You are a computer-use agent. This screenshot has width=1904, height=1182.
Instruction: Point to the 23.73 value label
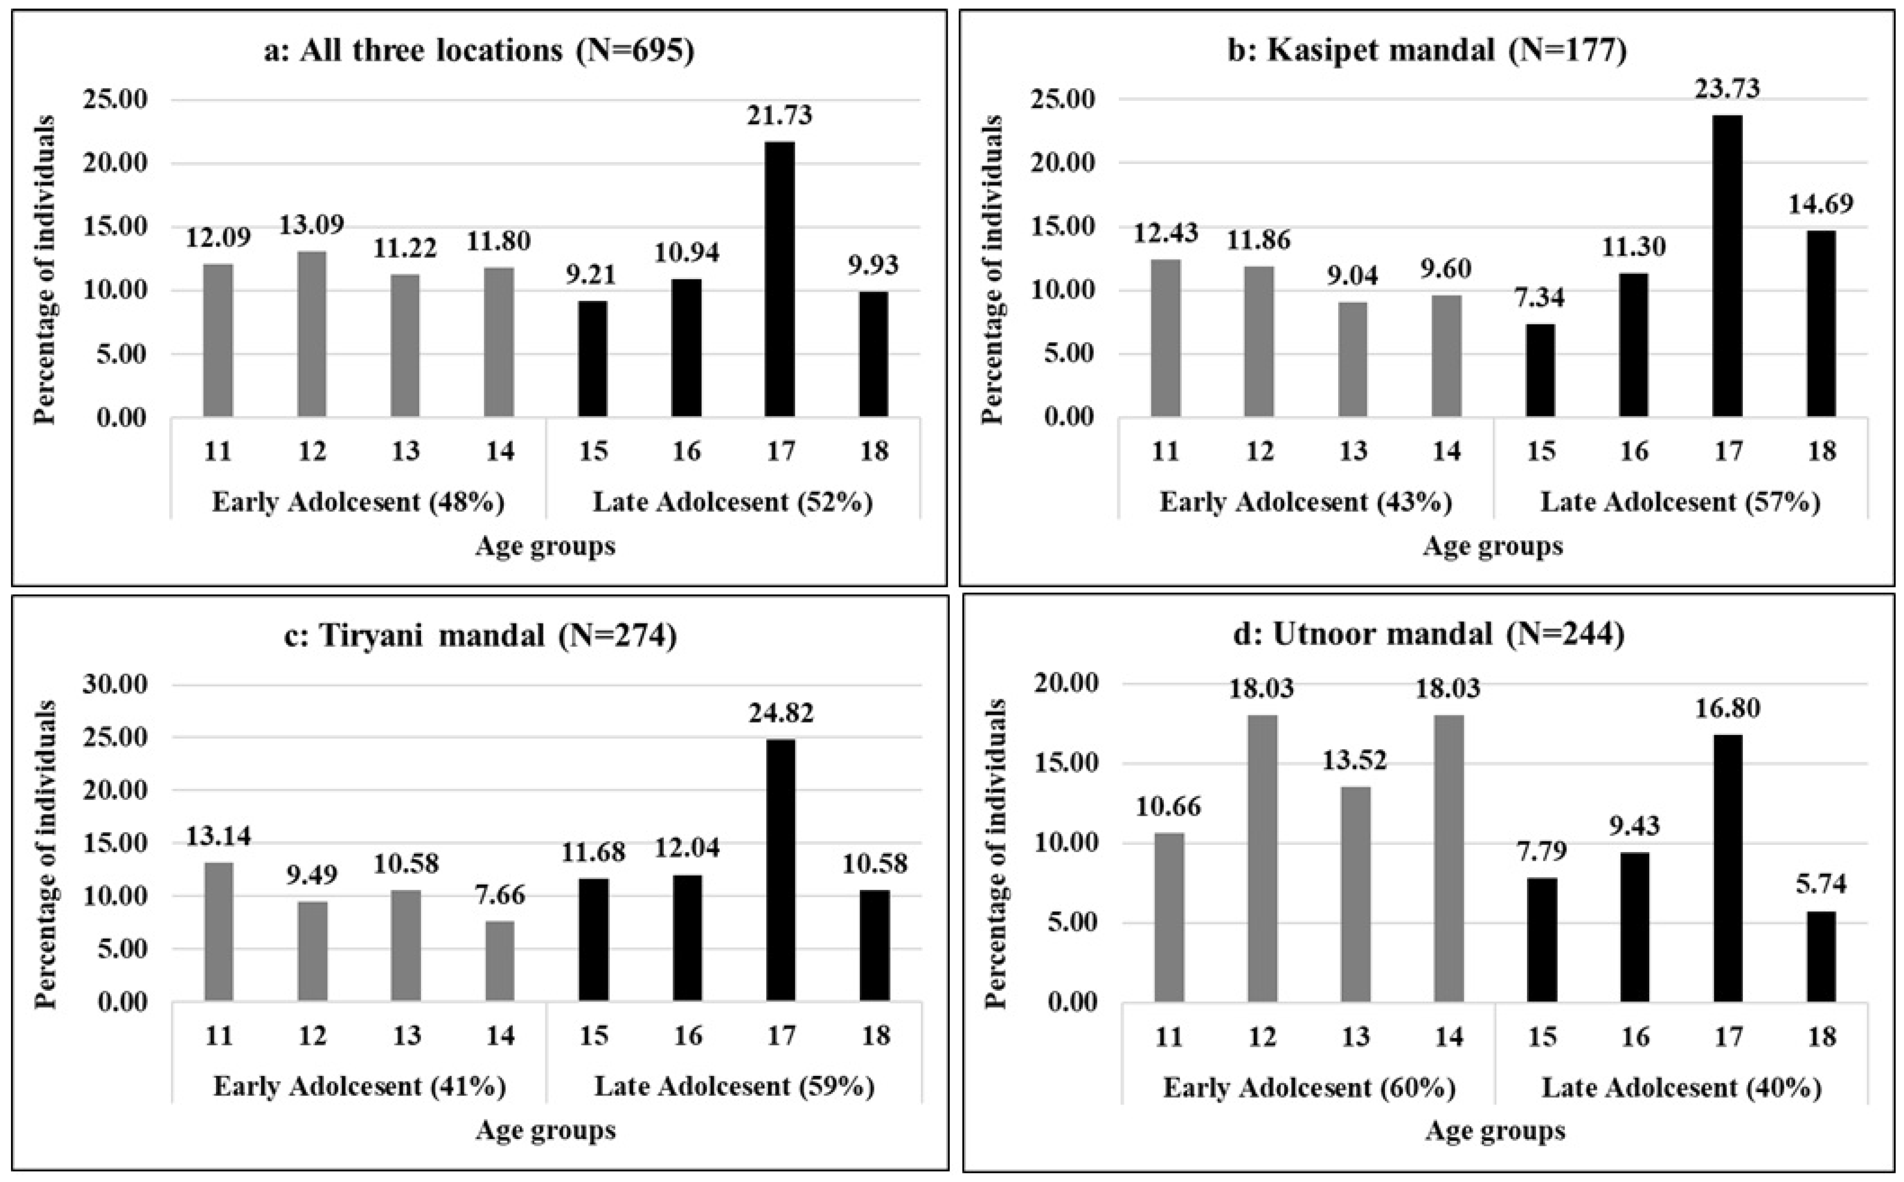[x=1728, y=88]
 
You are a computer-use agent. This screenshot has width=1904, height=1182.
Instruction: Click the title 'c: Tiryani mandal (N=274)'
[x=480, y=635]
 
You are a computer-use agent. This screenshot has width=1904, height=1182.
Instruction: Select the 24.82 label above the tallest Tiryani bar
[x=780, y=713]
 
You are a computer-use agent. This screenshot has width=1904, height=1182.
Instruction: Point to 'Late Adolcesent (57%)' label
[x=1680, y=502]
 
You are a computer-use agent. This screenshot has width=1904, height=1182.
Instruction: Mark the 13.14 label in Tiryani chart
[x=218, y=836]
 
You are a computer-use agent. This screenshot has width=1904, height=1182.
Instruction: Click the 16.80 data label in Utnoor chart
[x=1728, y=708]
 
